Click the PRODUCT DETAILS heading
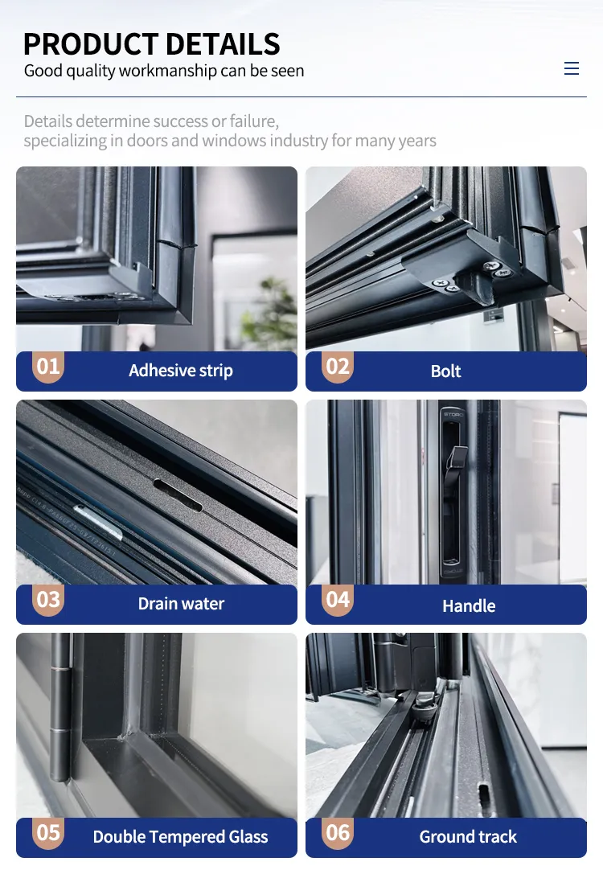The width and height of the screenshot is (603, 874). tap(152, 44)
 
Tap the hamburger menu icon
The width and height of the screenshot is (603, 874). tap(571, 68)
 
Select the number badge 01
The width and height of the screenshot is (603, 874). tap(48, 367)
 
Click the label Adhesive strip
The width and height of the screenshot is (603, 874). tap(181, 371)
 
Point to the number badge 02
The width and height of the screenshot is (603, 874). tap(338, 367)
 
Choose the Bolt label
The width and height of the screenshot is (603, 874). tap(446, 371)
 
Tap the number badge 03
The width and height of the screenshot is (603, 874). tap(48, 600)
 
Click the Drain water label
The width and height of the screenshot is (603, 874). tap(181, 604)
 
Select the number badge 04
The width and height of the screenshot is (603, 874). tap(338, 600)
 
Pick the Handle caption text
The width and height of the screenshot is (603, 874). tap(469, 606)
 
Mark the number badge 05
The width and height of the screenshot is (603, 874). tap(48, 833)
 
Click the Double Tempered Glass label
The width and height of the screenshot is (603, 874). tap(181, 837)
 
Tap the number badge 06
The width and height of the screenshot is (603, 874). tap(338, 833)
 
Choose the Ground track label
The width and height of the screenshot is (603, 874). tap(468, 837)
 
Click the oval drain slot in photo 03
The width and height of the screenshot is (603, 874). tap(177, 495)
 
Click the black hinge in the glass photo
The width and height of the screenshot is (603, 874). tap(59, 708)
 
